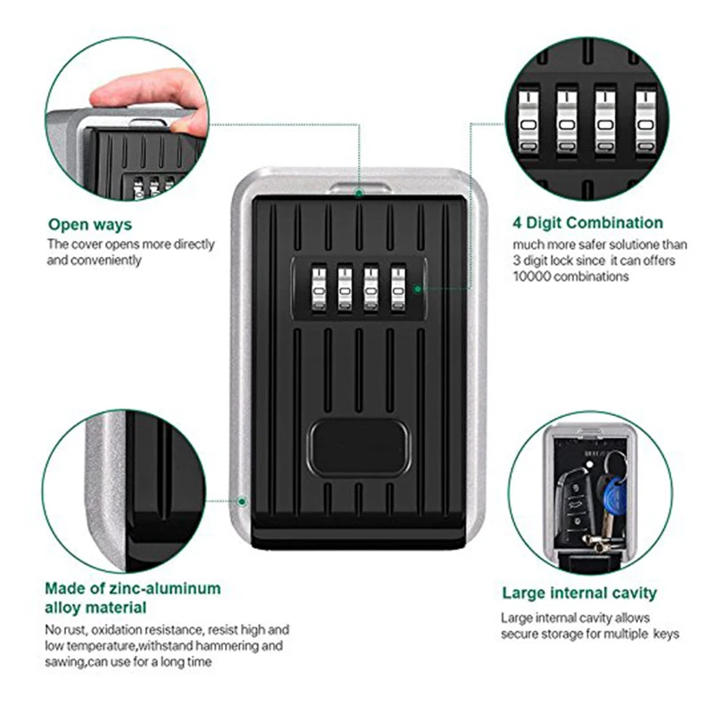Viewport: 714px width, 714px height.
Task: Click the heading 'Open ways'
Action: (90, 225)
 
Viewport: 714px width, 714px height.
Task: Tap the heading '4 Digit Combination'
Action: (587, 223)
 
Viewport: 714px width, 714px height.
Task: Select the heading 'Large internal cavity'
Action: (579, 593)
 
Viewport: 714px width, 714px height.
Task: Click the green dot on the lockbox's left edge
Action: (244, 503)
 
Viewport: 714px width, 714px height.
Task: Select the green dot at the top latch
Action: (358, 191)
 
